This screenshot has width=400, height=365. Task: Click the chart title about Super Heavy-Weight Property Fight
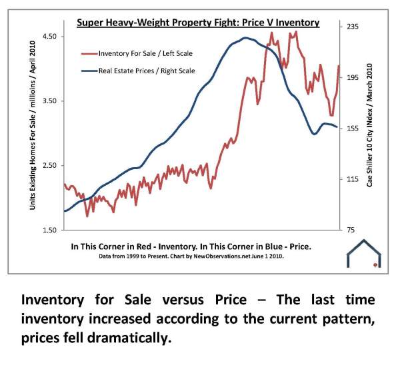point(198,23)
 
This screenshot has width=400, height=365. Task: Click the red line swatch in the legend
point(87,53)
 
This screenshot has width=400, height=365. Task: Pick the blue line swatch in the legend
point(87,70)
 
